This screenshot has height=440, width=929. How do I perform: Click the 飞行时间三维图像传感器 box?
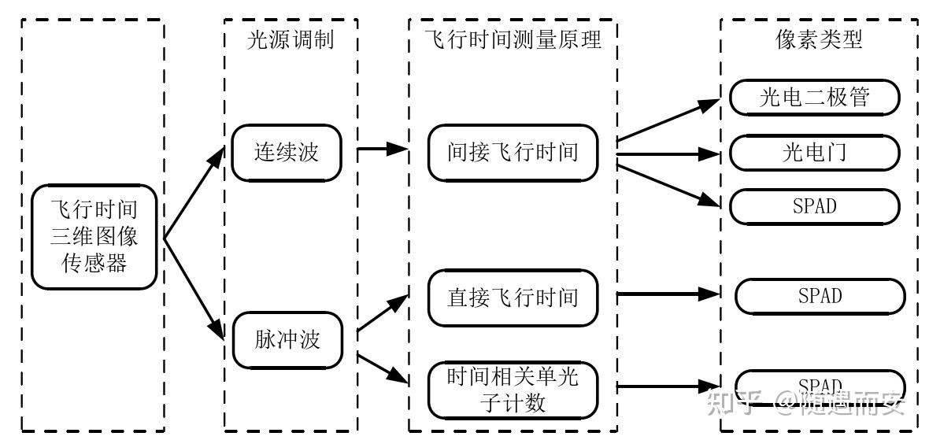(94, 237)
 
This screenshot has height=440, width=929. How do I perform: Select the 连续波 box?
(287, 152)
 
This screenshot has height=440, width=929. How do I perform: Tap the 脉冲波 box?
(287, 340)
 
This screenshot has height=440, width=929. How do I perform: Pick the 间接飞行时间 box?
(513, 152)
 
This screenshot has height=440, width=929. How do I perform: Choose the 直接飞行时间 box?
(513, 298)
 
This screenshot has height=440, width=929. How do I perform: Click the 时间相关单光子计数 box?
(513, 390)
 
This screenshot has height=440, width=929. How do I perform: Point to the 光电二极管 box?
(814, 98)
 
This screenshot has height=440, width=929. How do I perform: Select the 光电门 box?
(814, 153)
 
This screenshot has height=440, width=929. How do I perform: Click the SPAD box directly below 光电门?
(814, 207)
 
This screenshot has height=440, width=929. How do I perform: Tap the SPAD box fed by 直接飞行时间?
(820, 296)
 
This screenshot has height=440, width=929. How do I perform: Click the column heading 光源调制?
(291, 40)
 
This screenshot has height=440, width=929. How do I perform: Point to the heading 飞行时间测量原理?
(513, 40)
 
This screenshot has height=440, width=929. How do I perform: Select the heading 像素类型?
(819, 40)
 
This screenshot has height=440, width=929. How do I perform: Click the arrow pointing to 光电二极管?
(669, 120)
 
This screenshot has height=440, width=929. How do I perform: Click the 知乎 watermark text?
(732, 403)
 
